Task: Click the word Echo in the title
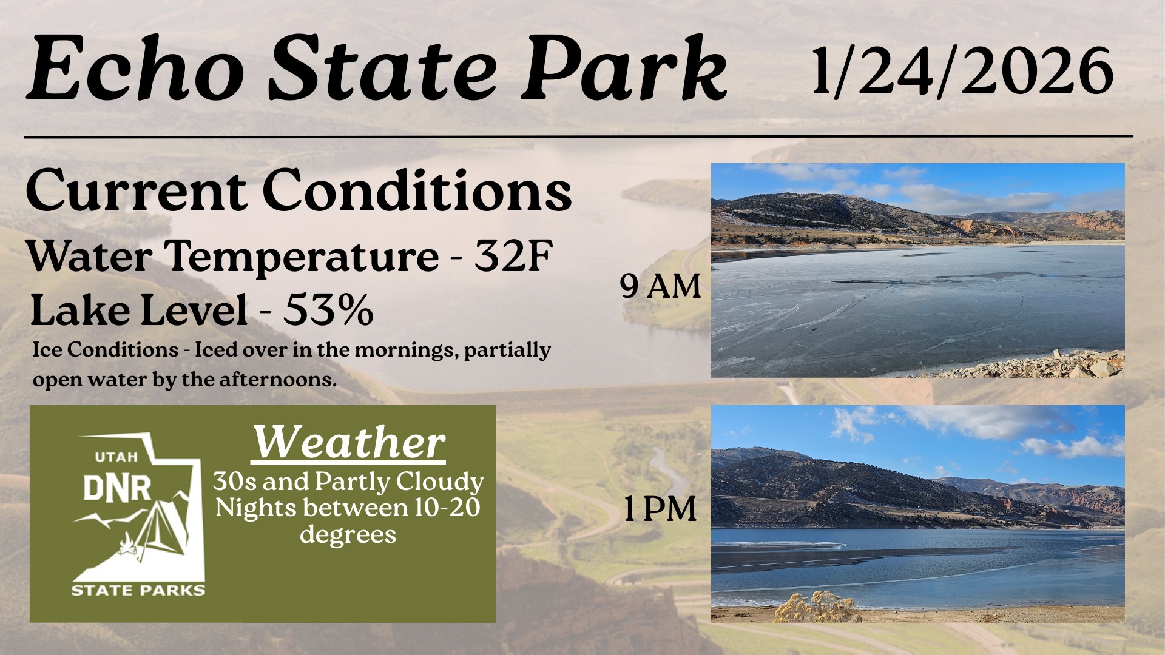(136, 69)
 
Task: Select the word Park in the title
(626, 69)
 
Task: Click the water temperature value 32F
(513, 255)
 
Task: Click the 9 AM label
(660, 286)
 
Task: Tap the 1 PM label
(660, 509)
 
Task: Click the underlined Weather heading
(349, 442)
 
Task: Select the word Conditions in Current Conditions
(417, 191)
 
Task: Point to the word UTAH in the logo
(116, 457)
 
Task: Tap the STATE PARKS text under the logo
(138, 590)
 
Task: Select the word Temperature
(302, 257)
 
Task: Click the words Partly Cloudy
(399, 482)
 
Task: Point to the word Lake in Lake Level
(78, 310)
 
